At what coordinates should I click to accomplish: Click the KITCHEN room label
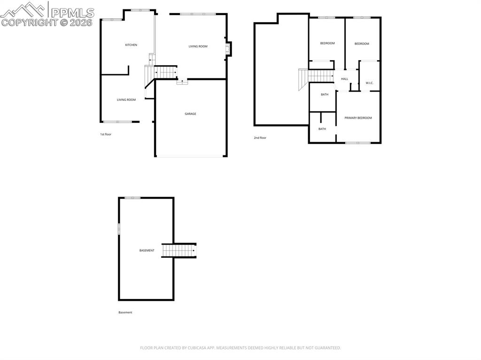pyautogui.click(x=131, y=45)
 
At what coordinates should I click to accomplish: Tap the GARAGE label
pyautogui.click(x=190, y=114)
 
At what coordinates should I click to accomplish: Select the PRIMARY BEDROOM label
pyautogui.click(x=358, y=118)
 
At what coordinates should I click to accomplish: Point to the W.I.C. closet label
pyautogui.click(x=369, y=83)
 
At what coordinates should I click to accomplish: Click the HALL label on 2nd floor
pyautogui.click(x=345, y=79)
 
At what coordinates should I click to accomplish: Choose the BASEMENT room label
pyautogui.click(x=147, y=251)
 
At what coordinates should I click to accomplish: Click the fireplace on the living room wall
pyautogui.click(x=228, y=49)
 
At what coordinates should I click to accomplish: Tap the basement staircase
pyautogui.click(x=179, y=251)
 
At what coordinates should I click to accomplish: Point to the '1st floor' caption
pyautogui.click(x=106, y=134)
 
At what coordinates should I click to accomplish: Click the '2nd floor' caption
pyautogui.click(x=260, y=138)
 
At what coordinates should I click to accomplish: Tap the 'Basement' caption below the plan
pyautogui.click(x=125, y=313)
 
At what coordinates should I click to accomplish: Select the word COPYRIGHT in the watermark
pyautogui.click(x=29, y=23)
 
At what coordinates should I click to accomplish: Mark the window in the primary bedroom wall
pyautogui.click(x=357, y=143)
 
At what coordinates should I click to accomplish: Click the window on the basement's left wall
pyautogui.click(x=119, y=229)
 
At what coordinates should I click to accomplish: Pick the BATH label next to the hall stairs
pyautogui.click(x=325, y=94)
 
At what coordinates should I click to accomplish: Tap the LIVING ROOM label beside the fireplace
pyautogui.click(x=198, y=46)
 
